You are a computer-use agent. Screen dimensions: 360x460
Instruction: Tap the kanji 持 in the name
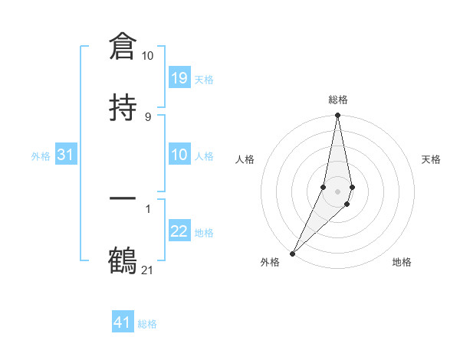(x=123, y=107)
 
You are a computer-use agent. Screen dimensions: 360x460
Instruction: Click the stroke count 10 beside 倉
(x=147, y=56)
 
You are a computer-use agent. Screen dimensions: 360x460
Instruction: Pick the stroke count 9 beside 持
(x=147, y=116)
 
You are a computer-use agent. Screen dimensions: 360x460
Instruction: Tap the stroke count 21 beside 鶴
(x=147, y=270)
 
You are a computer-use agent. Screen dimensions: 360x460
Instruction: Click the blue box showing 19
(x=179, y=78)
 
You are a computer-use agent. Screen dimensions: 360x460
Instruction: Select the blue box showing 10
(x=179, y=155)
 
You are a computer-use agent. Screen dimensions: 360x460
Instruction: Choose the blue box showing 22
(x=179, y=231)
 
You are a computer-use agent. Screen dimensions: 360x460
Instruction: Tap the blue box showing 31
(x=66, y=155)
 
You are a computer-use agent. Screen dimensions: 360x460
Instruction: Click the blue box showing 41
(x=123, y=322)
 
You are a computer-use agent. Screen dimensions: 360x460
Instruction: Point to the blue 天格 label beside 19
(x=204, y=79)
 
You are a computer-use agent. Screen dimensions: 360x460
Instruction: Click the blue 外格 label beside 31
(x=41, y=155)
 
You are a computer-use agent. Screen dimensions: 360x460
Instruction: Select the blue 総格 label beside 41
(x=147, y=323)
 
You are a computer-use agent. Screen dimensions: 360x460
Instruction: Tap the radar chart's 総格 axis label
(x=337, y=100)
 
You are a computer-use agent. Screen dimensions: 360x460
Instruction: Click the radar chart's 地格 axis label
(x=402, y=262)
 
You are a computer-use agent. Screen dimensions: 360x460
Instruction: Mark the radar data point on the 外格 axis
(x=292, y=253)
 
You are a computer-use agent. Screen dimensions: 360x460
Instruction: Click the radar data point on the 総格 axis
(x=337, y=116)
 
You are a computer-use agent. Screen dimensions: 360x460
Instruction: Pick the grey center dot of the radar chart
(x=337, y=191)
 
